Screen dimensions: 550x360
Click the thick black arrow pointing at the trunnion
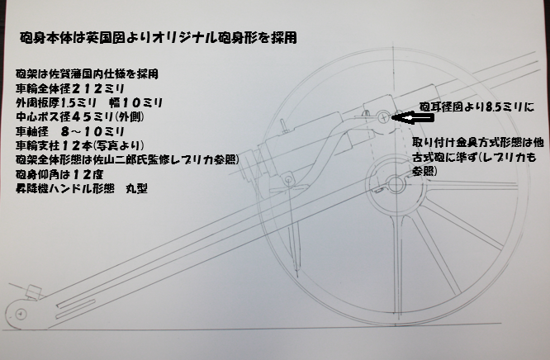coord(413,118)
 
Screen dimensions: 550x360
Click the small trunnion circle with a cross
coord(384,117)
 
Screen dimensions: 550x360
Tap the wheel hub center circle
coord(396,184)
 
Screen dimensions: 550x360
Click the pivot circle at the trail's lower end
coord(21,314)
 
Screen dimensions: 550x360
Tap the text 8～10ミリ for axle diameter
coord(92,131)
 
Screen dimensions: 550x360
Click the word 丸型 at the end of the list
coord(137,189)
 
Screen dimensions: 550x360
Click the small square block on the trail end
coord(34,292)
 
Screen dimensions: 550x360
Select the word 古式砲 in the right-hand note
coord(429,158)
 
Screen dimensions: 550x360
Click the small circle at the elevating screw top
coord(289,180)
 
